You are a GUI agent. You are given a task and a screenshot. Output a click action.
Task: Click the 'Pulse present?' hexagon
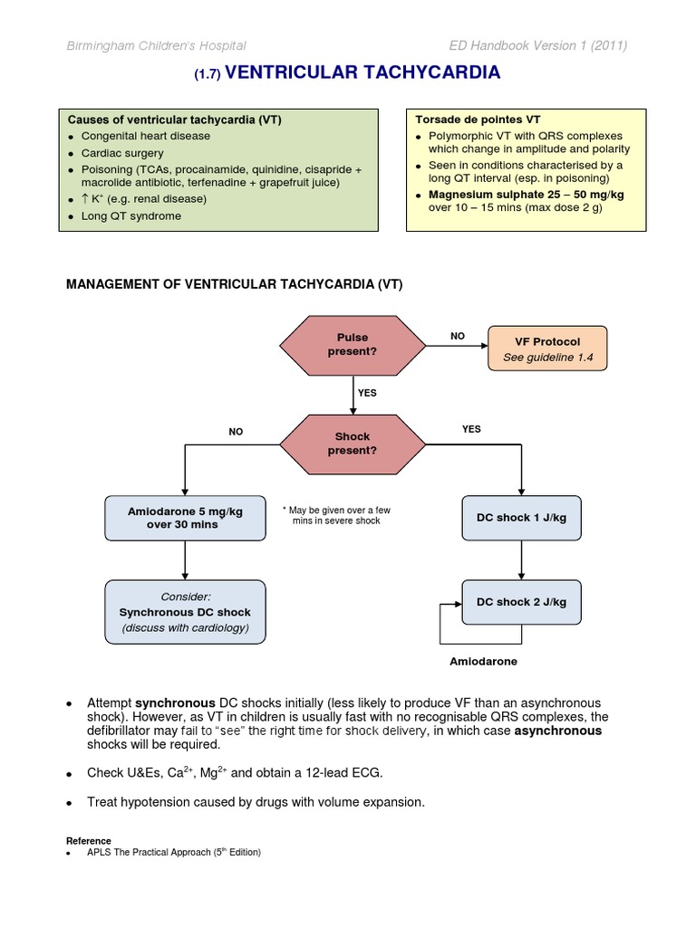tap(353, 344)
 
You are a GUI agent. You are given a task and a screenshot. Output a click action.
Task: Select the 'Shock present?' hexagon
tap(353, 443)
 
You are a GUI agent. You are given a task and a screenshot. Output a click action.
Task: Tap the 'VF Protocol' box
tap(547, 349)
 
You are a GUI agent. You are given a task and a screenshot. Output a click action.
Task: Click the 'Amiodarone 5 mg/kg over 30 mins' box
tap(185, 518)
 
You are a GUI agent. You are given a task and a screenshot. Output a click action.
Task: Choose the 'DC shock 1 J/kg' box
tap(521, 518)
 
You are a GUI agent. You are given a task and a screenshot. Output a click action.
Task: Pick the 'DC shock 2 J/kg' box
tap(521, 602)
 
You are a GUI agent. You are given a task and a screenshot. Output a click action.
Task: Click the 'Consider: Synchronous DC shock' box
tap(186, 612)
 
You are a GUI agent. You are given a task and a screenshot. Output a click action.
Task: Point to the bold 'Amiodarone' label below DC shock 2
tap(484, 662)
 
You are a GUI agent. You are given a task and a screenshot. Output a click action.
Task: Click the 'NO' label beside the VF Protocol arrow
tap(458, 336)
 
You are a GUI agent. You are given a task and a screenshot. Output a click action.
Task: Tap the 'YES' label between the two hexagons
tap(367, 393)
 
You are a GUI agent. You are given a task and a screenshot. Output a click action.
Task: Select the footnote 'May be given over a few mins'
tap(336, 515)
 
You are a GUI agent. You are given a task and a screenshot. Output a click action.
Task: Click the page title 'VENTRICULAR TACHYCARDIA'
tap(362, 73)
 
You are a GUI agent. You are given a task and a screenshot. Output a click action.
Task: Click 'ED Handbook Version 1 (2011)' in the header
tap(538, 46)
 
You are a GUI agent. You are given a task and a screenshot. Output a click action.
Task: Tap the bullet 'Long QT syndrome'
tap(130, 216)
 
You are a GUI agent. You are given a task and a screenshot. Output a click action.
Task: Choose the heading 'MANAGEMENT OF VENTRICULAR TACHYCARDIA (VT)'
tap(236, 284)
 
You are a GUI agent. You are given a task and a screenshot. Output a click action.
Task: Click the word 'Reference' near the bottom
tap(89, 841)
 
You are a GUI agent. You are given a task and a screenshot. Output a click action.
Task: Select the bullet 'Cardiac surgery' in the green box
tap(122, 153)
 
